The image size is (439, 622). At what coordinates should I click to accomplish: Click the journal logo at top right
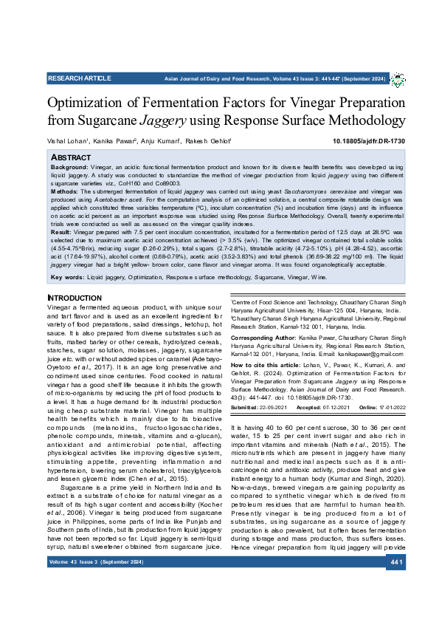398,79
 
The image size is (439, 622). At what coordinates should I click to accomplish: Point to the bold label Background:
71,168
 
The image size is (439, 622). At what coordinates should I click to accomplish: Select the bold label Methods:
66,191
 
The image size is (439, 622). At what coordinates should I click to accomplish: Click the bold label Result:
62,232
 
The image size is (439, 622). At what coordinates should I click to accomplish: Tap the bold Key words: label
67,277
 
